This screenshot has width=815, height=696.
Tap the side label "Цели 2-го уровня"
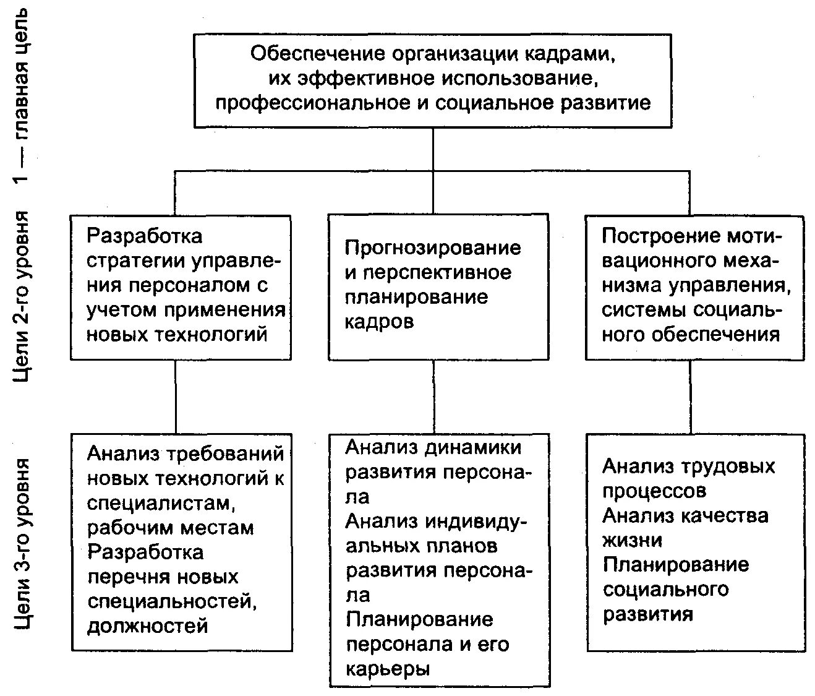click(x=22, y=296)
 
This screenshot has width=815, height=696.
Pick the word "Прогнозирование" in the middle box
click(x=433, y=248)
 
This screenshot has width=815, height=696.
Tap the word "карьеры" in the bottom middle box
click(x=387, y=669)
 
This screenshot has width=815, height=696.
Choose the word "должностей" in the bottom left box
click(x=147, y=626)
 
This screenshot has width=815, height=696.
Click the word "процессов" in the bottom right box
click(x=654, y=491)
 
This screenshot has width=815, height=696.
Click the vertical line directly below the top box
click(x=433, y=149)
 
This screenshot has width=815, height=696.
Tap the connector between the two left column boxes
click(x=176, y=397)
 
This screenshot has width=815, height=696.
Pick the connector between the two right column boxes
click(x=691, y=397)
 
